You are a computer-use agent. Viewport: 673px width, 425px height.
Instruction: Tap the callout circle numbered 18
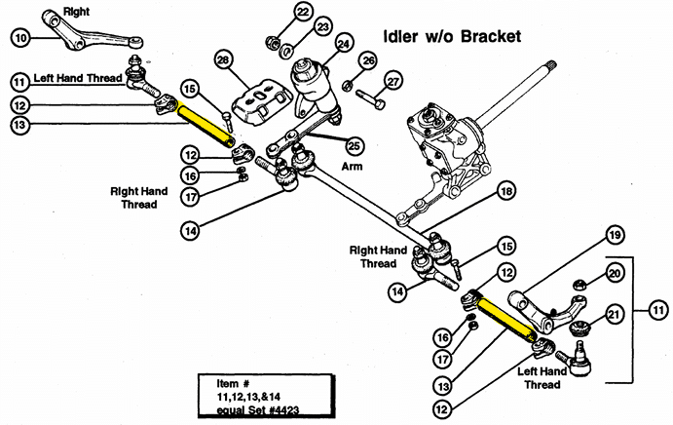click(x=506, y=191)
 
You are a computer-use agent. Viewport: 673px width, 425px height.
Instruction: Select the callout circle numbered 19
click(x=615, y=235)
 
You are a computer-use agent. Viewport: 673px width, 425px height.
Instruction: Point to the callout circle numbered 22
click(x=304, y=12)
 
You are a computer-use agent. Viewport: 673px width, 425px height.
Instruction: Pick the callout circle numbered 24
click(x=343, y=44)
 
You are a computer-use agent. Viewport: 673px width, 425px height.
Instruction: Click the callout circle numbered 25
click(x=354, y=146)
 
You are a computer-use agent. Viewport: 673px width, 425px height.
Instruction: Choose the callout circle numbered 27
click(x=393, y=81)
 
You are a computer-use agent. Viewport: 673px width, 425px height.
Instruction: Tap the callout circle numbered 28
click(x=223, y=60)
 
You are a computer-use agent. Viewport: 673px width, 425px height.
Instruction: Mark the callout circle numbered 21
click(x=615, y=315)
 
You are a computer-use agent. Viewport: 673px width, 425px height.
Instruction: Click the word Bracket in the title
click(x=491, y=36)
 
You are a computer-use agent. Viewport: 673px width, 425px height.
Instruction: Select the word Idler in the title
click(x=399, y=36)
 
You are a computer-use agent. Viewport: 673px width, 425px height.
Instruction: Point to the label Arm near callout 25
click(x=352, y=167)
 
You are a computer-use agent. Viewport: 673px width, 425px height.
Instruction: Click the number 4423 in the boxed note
click(x=283, y=409)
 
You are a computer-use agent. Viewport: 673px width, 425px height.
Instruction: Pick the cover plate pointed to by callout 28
click(x=257, y=102)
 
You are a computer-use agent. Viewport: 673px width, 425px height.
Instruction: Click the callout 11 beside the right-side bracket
click(x=658, y=310)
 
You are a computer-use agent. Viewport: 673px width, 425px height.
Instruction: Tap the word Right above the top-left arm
click(x=76, y=12)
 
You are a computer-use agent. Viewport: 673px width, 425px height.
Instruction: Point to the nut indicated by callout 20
click(x=580, y=285)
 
